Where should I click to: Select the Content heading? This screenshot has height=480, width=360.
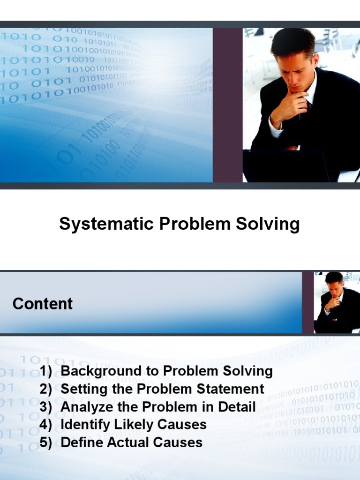[x=43, y=304]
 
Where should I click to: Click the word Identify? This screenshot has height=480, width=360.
[x=82, y=425]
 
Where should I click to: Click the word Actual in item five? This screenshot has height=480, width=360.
[x=124, y=442]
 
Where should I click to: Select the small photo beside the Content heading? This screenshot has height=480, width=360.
[x=337, y=302]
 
